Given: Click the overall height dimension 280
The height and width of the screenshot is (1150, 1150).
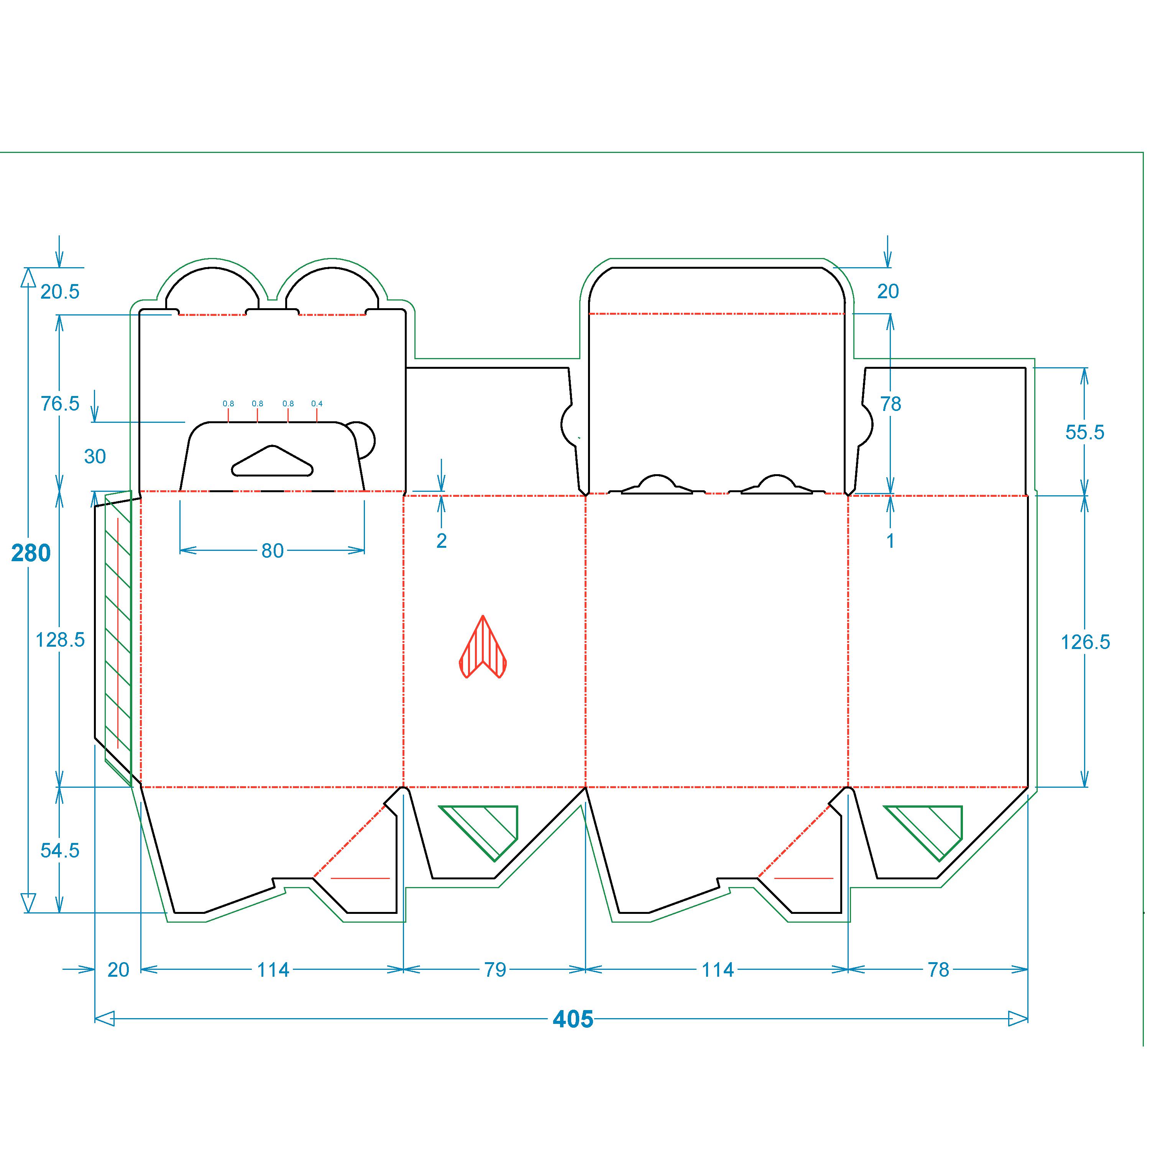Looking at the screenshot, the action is coord(31,554).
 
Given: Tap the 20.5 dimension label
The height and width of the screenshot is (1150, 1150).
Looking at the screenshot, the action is coord(59,292).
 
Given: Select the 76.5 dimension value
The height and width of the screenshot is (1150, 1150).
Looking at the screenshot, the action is coord(59,404).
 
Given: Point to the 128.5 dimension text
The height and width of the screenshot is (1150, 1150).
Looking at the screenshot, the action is coord(60,640).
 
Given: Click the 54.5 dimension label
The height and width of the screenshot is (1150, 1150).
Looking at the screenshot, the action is coord(59,851).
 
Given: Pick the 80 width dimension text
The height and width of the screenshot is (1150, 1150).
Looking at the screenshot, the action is coord(273,550).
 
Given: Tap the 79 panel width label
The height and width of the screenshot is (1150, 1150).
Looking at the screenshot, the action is coord(495,970).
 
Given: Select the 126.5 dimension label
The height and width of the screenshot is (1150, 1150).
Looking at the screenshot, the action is coord(1085,642).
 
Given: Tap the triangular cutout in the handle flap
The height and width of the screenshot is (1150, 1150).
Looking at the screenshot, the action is coord(273,461).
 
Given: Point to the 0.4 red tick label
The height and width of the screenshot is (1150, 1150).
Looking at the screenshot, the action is coord(317,404).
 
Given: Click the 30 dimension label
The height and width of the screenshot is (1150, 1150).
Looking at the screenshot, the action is coord(95,457).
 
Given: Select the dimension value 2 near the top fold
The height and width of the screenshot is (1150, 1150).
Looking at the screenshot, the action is coord(441,540).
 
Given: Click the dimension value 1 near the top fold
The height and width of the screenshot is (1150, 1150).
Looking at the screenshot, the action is coord(890,540).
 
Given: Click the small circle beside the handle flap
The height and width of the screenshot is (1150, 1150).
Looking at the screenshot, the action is coord(361,440).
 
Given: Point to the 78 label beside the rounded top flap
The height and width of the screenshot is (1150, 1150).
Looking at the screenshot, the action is coord(890,404).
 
